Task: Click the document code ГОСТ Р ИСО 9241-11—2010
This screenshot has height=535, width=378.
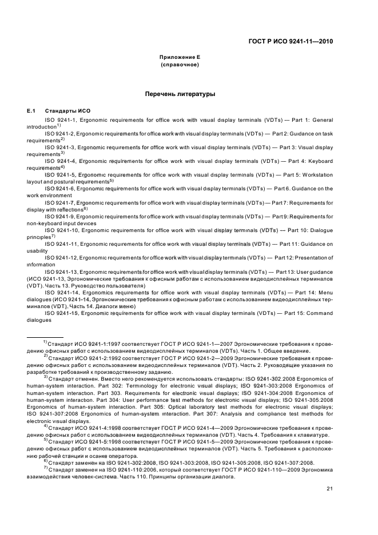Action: pyautogui.click(x=291, y=42)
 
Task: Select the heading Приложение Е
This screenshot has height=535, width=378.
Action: pyautogui.click(x=180, y=58)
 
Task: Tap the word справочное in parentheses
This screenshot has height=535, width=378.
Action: pyautogui.click(x=180, y=65)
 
